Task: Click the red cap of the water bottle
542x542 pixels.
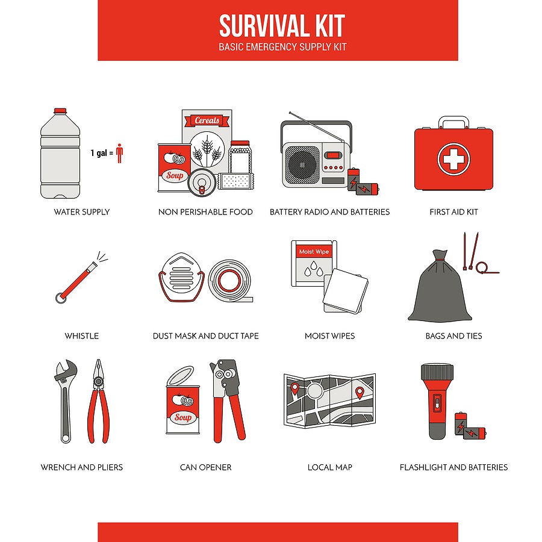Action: pos(60,111)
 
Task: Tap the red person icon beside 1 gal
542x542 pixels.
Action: pos(120,153)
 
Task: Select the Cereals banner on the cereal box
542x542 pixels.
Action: pos(207,120)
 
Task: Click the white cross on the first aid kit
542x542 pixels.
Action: pos(453,159)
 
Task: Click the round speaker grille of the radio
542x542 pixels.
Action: pos(302,165)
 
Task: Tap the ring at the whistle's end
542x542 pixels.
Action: pos(61,298)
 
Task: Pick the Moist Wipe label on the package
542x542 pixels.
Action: pos(314,252)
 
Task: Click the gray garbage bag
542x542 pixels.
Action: pos(440,286)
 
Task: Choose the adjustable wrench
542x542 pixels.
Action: pos(65,401)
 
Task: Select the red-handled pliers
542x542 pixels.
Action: pos(99,401)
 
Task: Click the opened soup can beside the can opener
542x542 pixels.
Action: pos(183,400)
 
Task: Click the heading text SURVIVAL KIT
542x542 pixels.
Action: pos(282,25)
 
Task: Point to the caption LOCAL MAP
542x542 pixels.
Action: pos(330,467)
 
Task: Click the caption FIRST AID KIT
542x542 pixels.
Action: pos(453,212)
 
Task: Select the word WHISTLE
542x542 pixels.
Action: pos(81,336)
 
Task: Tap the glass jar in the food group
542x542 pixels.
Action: pos(240,157)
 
